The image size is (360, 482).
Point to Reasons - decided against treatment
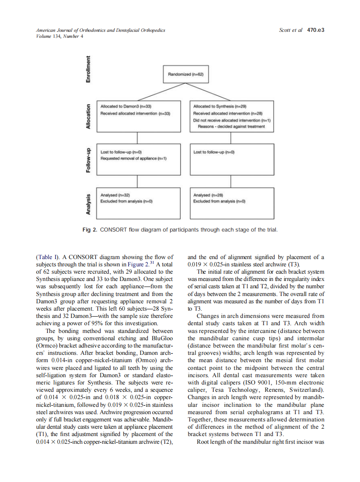click(231, 127)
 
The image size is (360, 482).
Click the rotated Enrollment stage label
click(88, 70)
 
